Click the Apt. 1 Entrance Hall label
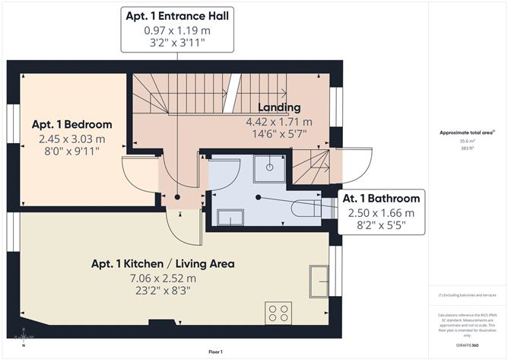(179, 15)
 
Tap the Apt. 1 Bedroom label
(71, 125)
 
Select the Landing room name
(279, 107)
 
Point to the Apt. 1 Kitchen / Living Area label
(163, 264)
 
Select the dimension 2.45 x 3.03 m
(71, 139)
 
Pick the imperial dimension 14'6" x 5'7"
(279, 134)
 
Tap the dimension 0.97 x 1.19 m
(179, 30)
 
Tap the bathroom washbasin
(230, 218)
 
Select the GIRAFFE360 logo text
(467, 345)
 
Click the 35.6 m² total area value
(466, 141)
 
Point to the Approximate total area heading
(466, 132)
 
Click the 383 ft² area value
(466, 148)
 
